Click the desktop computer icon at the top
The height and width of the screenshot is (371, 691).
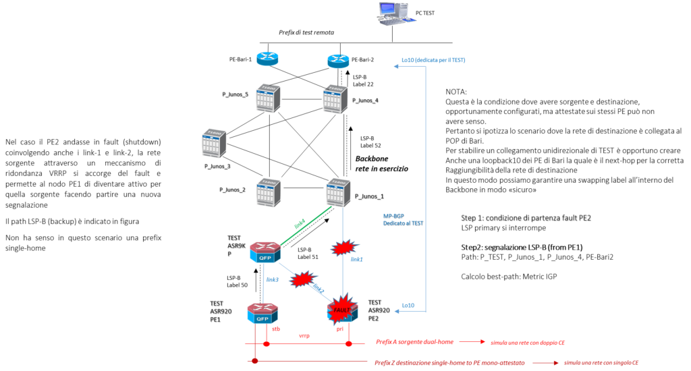(x=394, y=13)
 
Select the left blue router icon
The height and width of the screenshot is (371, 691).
(x=267, y=59)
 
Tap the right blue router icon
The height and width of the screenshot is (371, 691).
(x=339, y=61)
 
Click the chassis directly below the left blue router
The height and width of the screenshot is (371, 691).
(x=268, y=98)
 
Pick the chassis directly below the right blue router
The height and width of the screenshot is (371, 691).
(x=335, y=98)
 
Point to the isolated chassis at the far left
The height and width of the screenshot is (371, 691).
(x=213, y=143)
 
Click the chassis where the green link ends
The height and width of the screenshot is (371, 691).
(x=338, y=192)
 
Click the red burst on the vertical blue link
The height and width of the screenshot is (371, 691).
(x=343, y=248)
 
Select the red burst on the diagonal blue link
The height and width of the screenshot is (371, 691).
(x=303, y=279)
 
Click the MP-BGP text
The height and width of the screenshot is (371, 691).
(x=393, y=216)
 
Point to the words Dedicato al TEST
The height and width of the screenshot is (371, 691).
(x=403, y=223)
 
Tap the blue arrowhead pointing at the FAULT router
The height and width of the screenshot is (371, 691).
(x=396, y=311)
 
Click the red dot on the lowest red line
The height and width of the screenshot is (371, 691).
(x=254, y=361)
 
